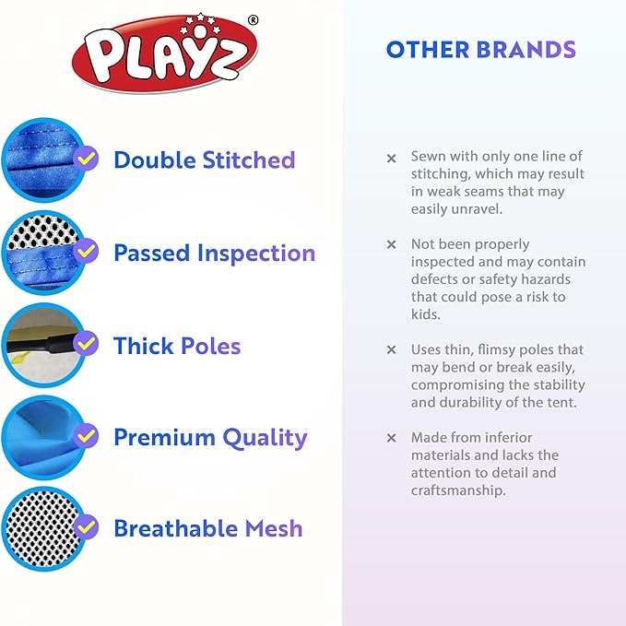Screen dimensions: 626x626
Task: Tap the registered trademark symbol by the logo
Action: point(254,19)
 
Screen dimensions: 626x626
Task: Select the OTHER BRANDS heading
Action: point(480,50)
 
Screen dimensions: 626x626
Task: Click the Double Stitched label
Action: point(204,159)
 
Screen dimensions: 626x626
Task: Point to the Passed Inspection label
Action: point(214,253)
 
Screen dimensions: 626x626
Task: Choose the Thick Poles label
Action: point(177,346)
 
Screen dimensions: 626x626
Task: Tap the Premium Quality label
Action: point(210,437)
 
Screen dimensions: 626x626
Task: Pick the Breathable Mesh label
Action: point(207,528)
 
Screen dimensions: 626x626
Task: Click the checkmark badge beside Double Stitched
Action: point(87,159)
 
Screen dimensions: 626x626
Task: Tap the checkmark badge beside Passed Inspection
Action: point(87,251)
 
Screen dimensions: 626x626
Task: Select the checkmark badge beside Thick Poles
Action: point(87,344)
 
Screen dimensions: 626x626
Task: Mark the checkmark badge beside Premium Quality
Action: point(87,435)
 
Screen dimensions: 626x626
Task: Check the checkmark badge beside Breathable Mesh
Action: point(87,527)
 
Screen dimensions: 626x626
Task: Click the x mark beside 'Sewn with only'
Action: point(391,159)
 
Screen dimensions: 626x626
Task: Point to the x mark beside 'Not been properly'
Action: point(391,245)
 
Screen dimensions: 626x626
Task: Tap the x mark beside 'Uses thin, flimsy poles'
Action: point(391,350)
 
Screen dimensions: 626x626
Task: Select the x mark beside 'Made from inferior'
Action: point(391,438)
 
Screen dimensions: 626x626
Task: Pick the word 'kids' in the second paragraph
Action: point(426,314)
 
